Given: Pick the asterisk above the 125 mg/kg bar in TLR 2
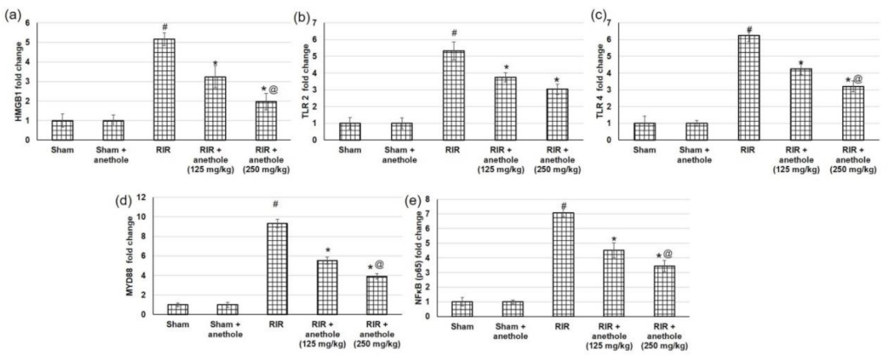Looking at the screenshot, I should (x=505, y=67).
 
